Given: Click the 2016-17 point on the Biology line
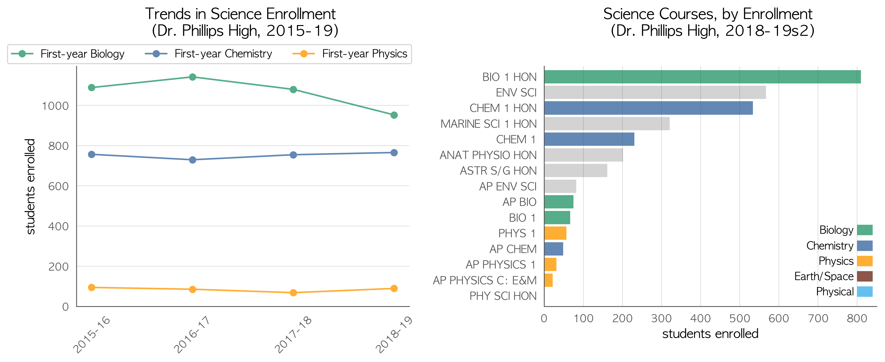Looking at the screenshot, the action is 192,77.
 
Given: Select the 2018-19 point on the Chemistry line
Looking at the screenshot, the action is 394,153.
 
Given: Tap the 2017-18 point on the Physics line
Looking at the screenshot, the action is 293,293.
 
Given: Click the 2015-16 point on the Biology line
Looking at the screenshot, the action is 91,88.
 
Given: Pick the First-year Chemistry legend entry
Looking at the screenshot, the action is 209,54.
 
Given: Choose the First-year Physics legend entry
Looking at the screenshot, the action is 349,54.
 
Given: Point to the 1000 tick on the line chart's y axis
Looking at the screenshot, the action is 55,106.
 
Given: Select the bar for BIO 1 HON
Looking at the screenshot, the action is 703,77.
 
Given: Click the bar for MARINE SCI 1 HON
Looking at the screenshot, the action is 607,124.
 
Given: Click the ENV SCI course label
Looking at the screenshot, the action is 516,92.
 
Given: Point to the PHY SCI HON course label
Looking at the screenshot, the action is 503,296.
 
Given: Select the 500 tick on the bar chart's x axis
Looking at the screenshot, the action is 739,318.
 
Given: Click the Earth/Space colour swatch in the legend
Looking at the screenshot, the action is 865,276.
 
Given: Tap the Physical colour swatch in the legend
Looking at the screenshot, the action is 865,292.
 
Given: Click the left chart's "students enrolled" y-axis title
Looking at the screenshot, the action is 30,186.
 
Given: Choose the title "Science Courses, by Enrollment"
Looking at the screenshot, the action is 708,14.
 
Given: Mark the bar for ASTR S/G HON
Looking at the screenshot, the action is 576,171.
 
